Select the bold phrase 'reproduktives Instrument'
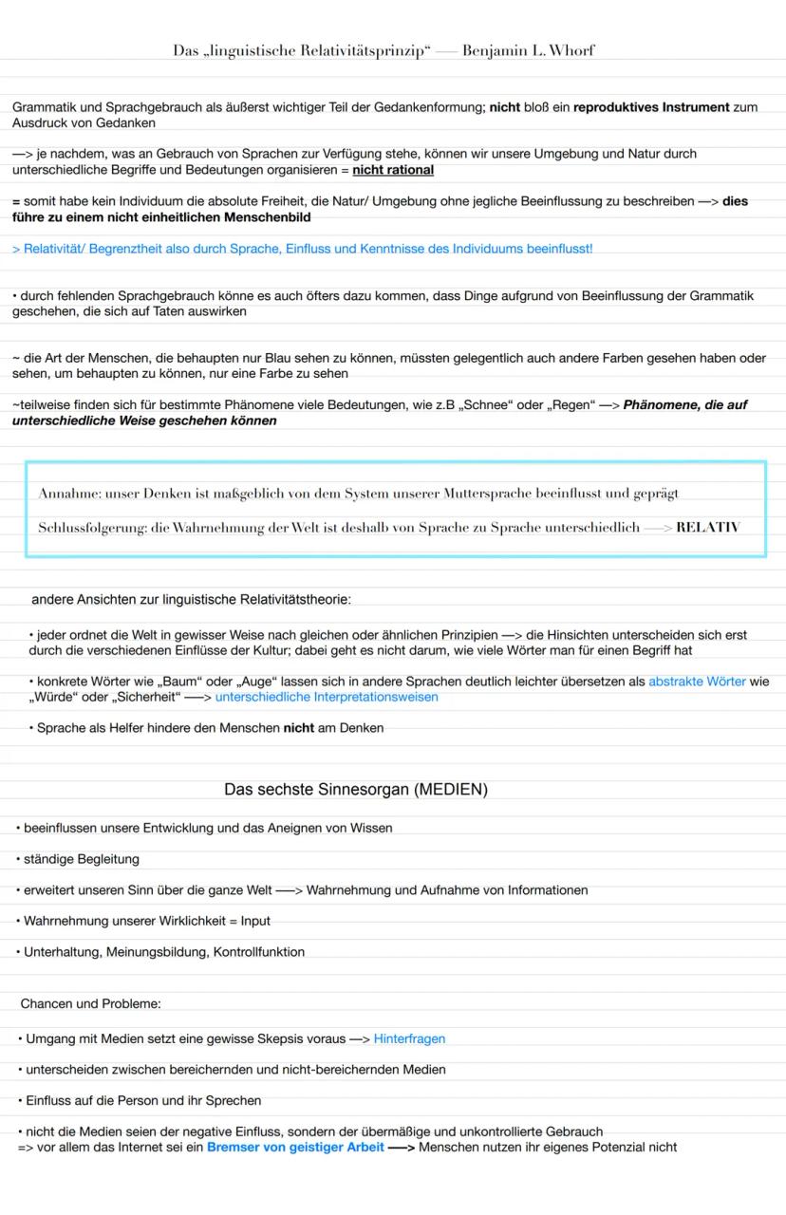click(651, 108)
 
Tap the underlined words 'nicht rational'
click(393, 170)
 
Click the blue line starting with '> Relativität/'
click(302, 249)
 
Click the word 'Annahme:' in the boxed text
click(70, 494)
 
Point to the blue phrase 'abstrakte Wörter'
click(698, 682)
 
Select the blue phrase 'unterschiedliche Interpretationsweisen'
click(327, 697)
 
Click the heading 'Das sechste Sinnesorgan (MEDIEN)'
click(356, 790)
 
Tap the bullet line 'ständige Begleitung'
click(82, 859)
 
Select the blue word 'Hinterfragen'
click(409, 1038)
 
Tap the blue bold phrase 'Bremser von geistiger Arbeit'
click(295, 1147)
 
